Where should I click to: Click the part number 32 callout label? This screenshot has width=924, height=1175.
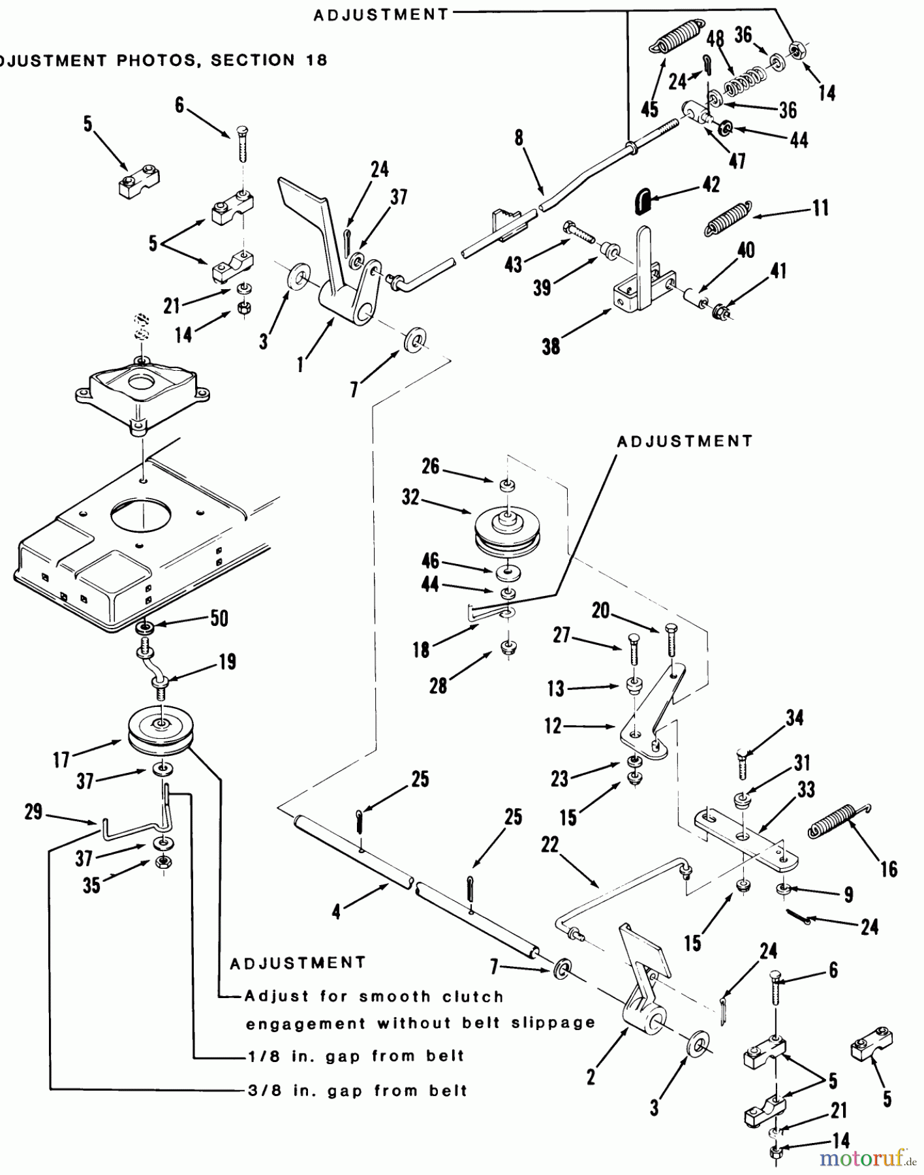[x=410, y=497]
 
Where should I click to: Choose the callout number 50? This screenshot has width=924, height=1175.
[x=219, y=618]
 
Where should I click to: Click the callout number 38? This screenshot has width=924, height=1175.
[x=551, y=346]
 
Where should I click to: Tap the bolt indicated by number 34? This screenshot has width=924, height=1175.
[x=742, y=764]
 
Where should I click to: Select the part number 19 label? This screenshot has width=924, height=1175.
[x=226, y=661]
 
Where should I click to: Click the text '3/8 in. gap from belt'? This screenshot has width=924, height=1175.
[x=358, y=1091]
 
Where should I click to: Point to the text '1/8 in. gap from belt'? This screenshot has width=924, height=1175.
[x=356, y=1056]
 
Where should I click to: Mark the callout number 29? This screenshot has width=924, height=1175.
[x=33, y=812]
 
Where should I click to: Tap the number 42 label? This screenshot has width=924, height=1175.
[x=711, y=185]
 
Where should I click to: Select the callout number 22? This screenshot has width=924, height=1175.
[x=550, y=845]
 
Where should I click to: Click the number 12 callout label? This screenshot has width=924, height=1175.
[x=553, y=726]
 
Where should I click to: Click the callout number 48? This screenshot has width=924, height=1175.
[x=716, y=39]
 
